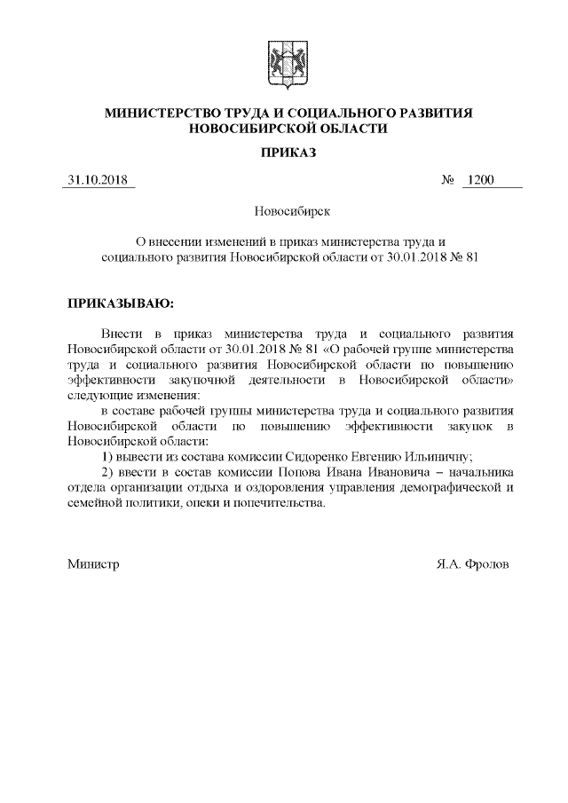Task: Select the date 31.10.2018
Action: pyautogui.click(x=98, y=182)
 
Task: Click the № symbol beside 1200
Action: pyautogui.click(x=448, y=182)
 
